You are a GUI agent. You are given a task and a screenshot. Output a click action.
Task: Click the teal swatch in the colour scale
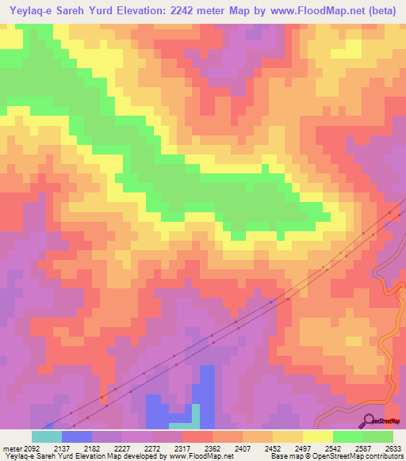[47, 436]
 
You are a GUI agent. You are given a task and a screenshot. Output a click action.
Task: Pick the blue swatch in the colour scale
[77, 436]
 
